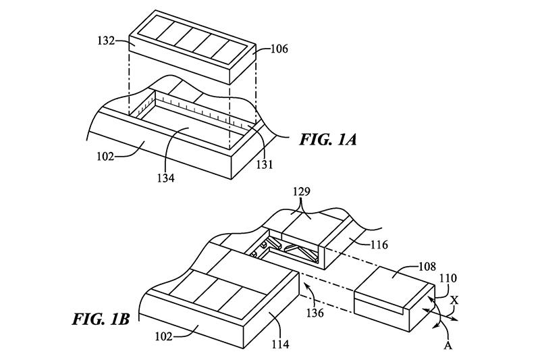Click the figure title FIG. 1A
pos(328,140)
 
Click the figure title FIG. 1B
pos(101,319)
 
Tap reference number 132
pos(106,41)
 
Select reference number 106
pos(279,49)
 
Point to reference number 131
pos(264,165)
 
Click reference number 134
pos(165,178)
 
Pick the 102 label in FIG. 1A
pos(105,157)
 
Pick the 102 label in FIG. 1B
pos(163,336)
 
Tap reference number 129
pos(302,192)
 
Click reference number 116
pos(379,245)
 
